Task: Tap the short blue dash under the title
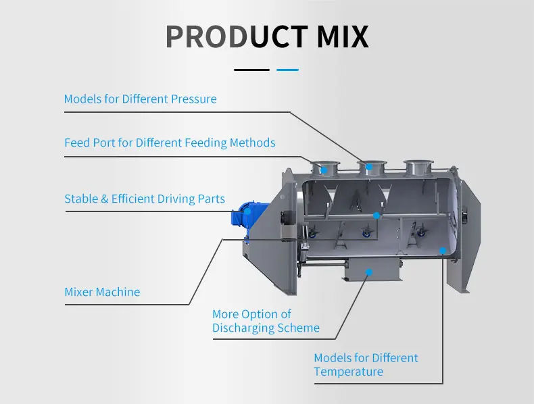pyautogui.click(x=288, y=69)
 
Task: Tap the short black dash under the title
pyautogui.click(x=251, y=69)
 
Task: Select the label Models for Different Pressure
pyautogui.click(x=141, y=99)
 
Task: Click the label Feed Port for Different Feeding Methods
pyautogui.click(x=170, y=143)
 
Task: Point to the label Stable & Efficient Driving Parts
pyautogui.click(x=145, y=199)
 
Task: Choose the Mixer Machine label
pyautogui.click(x=102, y=293)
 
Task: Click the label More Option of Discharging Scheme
pyautogui.click(x=266, y=321)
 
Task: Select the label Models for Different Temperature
pyautogui.click(x=366, y=365)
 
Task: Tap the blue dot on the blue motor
pyautogui.click(x=247, y=211)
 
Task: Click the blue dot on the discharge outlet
pyautogui.click(x=368, y=272)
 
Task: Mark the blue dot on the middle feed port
pyautogui.click(x=369, y=166)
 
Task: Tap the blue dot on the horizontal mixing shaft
pyautogui.click(x=377, y=216)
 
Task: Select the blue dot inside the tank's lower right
pyautogui.click(x=443, y=251)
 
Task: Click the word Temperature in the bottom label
pyautogui.click(x=348, y=372)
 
